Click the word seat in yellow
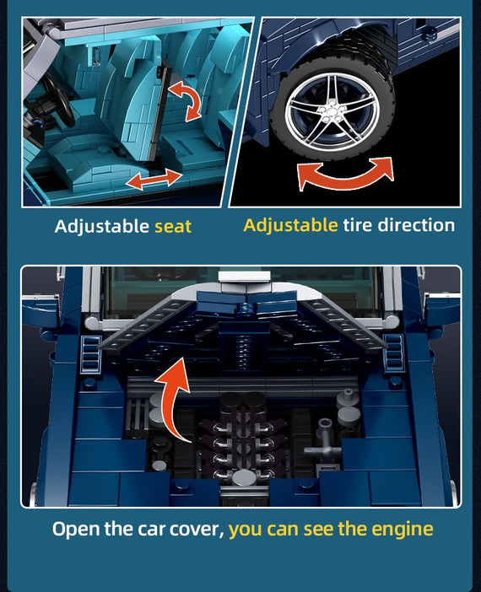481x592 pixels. (173, 227)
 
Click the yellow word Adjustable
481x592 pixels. (290, 225)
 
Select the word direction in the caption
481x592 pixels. (416, 225)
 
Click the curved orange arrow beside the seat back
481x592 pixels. (185, 101)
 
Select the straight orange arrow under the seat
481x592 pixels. (154, 180)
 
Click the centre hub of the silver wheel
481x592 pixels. (332, 112)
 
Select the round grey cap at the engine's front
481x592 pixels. (244, 478)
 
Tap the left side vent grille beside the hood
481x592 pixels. (91, 353)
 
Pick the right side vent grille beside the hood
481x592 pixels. (393, 352)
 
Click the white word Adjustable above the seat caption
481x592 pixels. (101, 227)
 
